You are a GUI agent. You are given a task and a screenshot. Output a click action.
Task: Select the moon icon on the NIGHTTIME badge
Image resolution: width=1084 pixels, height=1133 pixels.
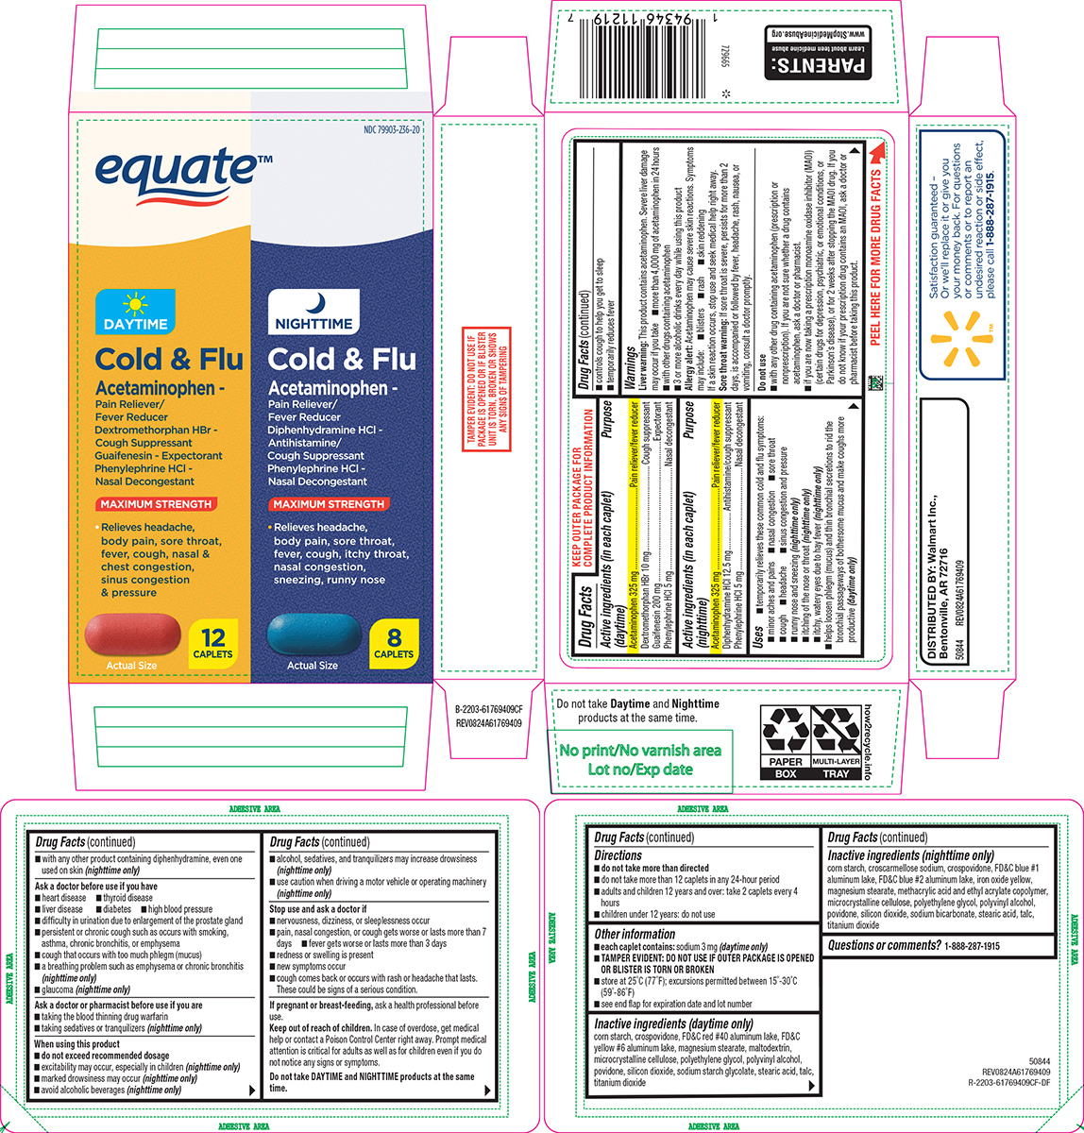click(322, 303)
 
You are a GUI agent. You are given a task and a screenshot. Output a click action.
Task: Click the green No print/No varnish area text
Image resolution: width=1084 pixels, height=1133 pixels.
click(640, 759)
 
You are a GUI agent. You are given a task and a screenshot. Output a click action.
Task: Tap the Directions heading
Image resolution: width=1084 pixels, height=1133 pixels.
click(618, 855)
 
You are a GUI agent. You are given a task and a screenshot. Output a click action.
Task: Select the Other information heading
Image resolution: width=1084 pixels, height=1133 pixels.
click(635, 935)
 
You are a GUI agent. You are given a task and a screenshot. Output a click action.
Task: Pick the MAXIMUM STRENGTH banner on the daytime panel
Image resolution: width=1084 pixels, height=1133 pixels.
click(158, 504)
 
